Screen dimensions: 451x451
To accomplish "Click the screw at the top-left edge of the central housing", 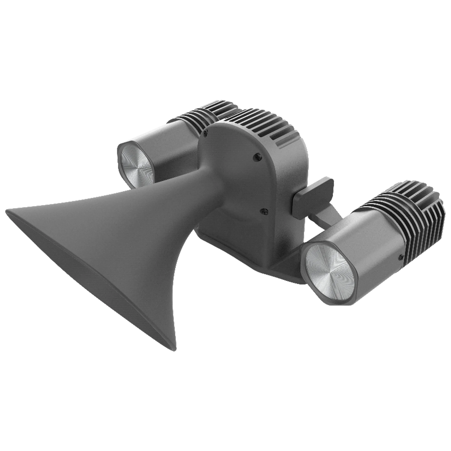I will pyautogui.click(x=206, y=134).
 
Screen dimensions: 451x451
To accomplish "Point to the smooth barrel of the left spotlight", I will pyautogui.click(x=175, y=140).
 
